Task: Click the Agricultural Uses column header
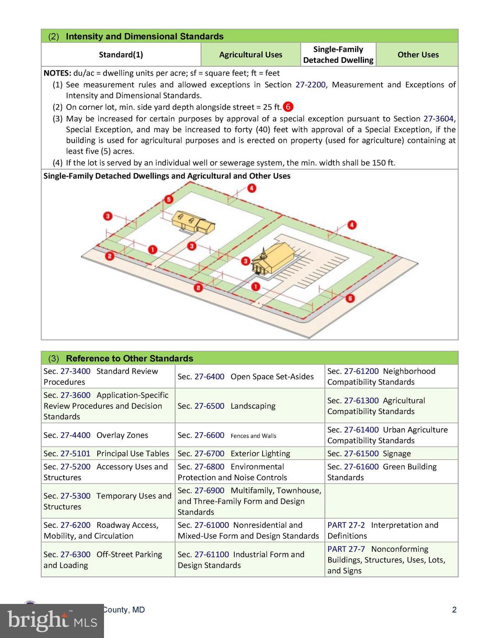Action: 250,54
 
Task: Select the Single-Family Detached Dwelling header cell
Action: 338,54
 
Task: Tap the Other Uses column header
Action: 418,54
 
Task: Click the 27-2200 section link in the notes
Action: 310,85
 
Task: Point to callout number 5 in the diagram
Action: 168,199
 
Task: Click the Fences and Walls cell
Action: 250,435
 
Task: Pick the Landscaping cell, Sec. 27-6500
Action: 250,406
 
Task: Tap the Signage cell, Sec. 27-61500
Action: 391,454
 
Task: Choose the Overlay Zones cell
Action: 108,435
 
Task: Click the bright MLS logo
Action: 52,621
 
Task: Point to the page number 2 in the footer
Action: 454,610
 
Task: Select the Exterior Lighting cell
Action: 250,454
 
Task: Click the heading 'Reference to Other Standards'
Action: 129,358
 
